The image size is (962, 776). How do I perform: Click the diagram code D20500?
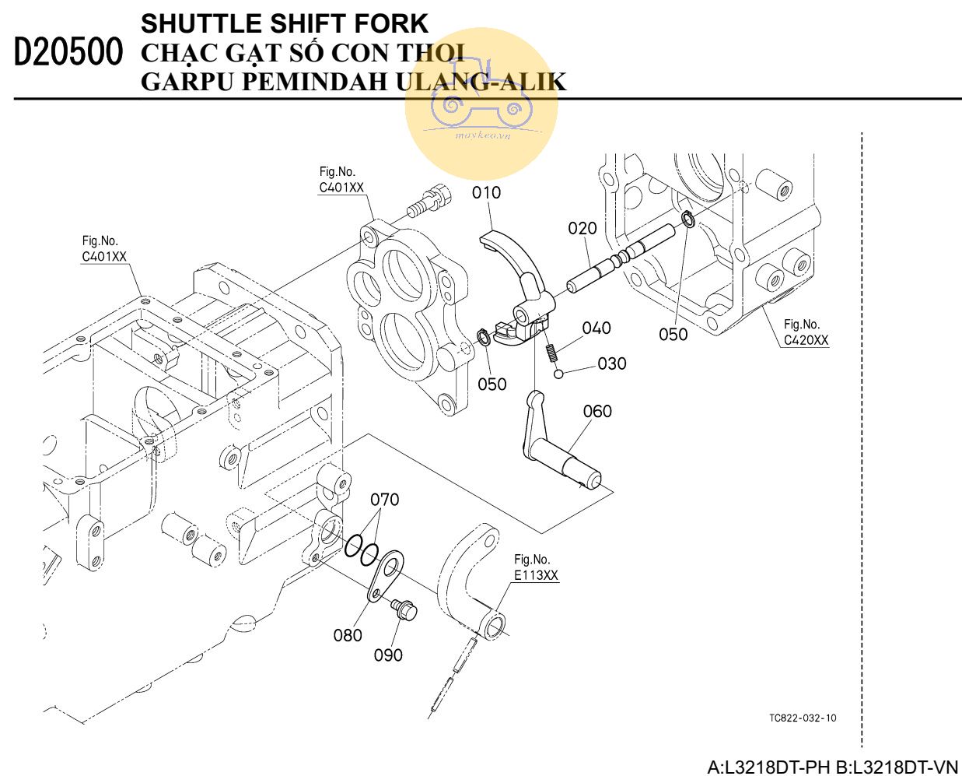coord(68,52)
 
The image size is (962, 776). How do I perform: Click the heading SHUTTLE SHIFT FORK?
coord(284,23)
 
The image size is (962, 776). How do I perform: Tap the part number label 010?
coord(487,192)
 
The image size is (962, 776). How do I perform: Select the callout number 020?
coord(582,228)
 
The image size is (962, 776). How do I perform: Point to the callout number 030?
coord(612,363)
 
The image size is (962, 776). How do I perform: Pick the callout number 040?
coord(596,328)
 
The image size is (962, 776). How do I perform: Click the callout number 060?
coord(597,411)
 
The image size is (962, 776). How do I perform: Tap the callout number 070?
coord(384,499)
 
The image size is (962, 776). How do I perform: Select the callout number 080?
coord(348,635)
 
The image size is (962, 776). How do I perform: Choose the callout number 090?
coord(388,655)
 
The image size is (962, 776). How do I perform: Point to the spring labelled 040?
coord(551,353)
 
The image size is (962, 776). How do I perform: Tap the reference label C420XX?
coord(806,340)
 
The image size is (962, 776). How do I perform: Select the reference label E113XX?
coord(536,575)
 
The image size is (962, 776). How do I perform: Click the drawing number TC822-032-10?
coord(803,718)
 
